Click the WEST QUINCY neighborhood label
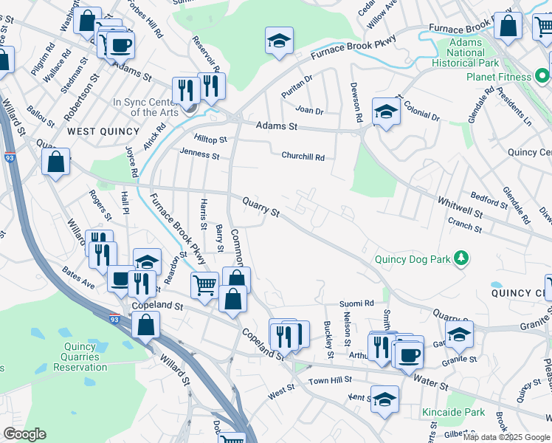(103, 131)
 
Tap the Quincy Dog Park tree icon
(461, 258)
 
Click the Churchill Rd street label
(303, 157)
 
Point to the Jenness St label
(199, 156)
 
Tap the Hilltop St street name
(210, 139)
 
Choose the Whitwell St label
(459, 207)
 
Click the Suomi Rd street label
(357, 303)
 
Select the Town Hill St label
(328, 380)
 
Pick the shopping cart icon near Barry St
(205, 284)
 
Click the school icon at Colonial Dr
(385, 111)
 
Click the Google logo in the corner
(24, 434)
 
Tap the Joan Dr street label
(309, 111)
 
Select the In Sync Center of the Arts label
(145, 108)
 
